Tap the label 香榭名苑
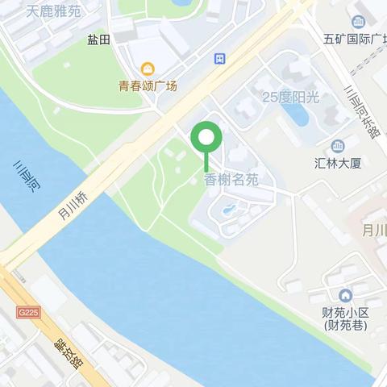coord(231,180)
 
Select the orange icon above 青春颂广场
coord(147,69)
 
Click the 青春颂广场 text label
coord(148,85)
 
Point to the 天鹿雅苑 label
coord(53,12)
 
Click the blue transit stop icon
coord(220,59)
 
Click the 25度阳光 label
coord(290,97)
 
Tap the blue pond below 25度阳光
coord(299,117)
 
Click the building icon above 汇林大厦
coord(337,145)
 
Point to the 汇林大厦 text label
coord(337,161)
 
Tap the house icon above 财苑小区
coord(345,296)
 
